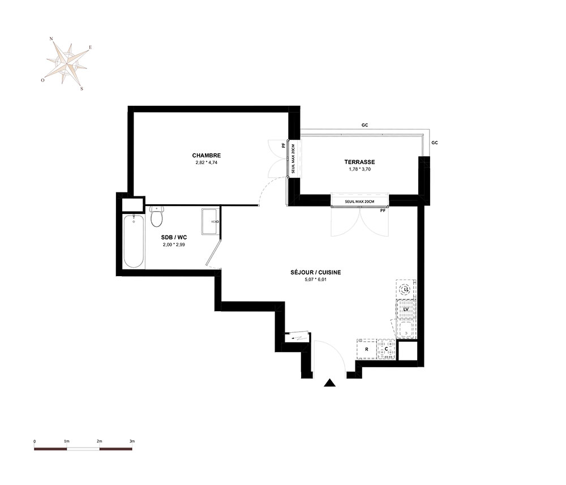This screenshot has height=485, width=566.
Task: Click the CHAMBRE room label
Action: (207, 156)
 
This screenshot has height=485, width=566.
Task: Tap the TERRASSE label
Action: (359, 162)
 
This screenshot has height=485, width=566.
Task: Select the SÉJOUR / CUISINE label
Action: (315, 272)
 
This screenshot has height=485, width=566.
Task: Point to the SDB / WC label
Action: (174, 238)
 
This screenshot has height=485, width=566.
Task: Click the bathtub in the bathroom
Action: (134, 241)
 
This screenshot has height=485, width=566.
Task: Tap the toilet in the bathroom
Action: (157, 216)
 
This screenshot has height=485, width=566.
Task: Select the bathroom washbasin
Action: (210, 221)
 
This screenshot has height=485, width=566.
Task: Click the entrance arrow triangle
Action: (329, 383)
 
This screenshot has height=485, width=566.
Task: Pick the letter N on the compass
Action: (52, 38)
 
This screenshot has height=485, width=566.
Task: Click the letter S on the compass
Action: (82, 89)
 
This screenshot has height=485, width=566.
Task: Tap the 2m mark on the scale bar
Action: (99, 441)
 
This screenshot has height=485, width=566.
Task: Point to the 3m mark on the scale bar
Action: (132, 441)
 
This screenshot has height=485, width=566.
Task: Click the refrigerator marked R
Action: (367, 349)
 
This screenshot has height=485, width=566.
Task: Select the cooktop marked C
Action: (386, 349)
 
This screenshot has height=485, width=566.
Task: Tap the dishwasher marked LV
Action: (406, 310)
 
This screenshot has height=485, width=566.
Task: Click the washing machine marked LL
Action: (406, 289)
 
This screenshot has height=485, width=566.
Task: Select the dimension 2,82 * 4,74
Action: (207, 162)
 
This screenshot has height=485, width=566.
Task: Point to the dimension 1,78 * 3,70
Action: (359, 169)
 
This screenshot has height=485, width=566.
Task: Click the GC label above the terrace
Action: (365, 125)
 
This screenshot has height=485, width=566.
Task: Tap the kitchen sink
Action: (406, 329)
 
